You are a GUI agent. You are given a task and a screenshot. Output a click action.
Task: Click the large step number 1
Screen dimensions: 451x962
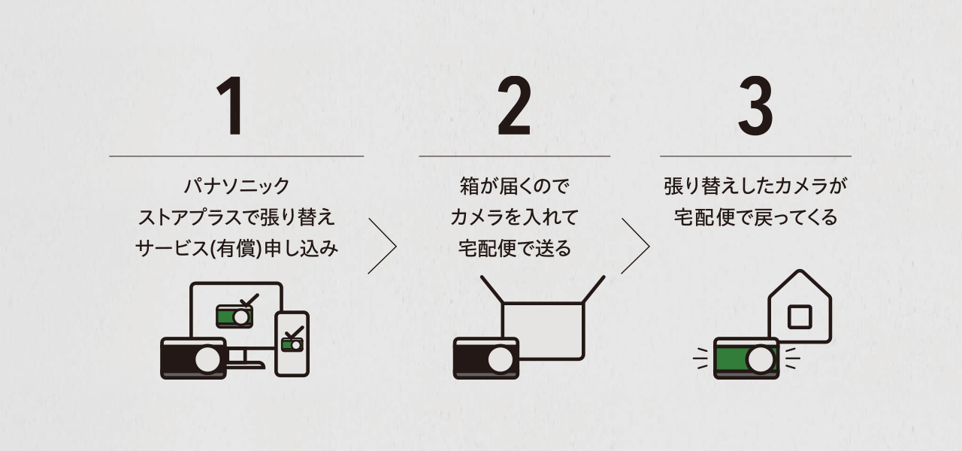click(x=231, y=107)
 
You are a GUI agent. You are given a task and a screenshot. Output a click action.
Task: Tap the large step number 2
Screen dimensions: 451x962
click(x=514, y=107)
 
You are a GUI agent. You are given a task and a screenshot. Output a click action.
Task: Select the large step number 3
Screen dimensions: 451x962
click(x=755, y=107)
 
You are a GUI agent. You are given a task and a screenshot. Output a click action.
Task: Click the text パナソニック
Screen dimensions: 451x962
click(x=236, y=186)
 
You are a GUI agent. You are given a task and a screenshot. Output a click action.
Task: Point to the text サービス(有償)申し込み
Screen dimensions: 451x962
click(x=236, y=249)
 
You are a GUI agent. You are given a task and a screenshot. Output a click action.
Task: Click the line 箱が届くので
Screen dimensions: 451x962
click(x=514, y=186)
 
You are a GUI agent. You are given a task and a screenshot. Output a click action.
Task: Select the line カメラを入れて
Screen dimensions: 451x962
click(x=514, y=217)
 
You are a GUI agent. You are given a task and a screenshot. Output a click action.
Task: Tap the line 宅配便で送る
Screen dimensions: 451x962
click(x=514, y=249)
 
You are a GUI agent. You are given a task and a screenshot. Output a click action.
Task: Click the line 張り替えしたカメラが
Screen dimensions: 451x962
click(x=755, y=186)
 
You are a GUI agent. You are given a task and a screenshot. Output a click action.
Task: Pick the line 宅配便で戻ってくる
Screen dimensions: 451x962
click(x=755, y=217)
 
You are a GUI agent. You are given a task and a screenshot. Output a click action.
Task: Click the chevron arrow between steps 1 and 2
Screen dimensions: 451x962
click(x=383, y=247)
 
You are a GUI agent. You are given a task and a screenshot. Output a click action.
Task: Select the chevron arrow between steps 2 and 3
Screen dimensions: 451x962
click(x=636, y=247)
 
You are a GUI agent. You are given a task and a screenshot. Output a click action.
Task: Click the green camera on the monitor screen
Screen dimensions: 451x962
click(x=234, y=316)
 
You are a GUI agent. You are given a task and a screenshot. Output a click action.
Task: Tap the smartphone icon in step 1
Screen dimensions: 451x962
click(x=292, y=344)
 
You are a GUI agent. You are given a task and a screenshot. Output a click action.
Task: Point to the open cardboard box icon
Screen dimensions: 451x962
click(x=543, y=323)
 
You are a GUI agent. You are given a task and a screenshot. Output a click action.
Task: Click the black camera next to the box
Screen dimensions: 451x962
click(x=486, y=358)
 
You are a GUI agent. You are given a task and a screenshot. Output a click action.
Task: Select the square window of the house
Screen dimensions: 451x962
click(x=799, y=316)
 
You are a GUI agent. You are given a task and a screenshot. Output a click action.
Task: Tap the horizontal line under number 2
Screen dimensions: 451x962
click(x=514, y=156)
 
